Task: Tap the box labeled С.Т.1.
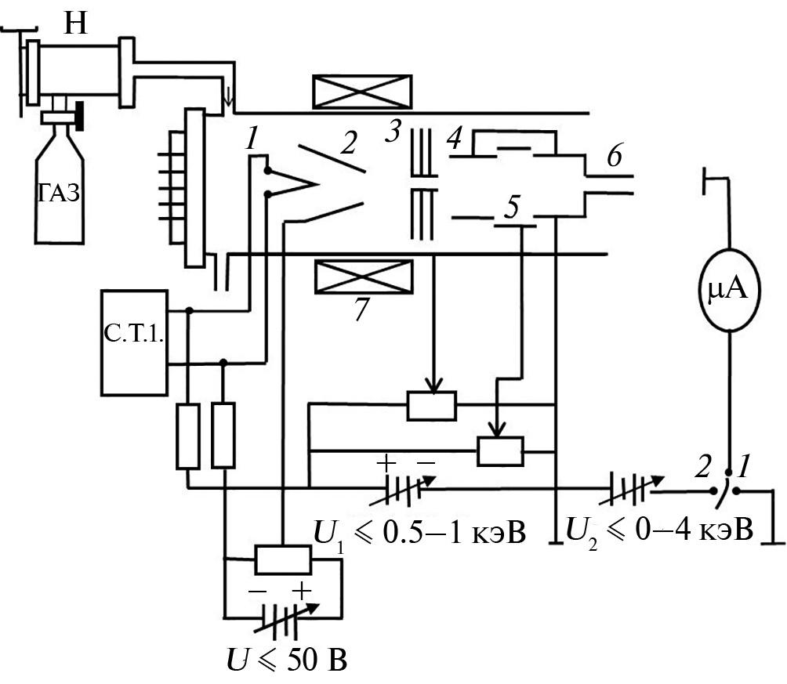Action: point(134,342)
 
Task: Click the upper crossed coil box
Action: point(362,92)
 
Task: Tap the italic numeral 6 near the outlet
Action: point(614,157)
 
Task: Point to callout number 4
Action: point(452,142)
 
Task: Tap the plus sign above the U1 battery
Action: point(386,462)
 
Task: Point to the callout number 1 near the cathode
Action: point(251,141)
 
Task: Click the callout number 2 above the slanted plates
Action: point(348,143)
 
